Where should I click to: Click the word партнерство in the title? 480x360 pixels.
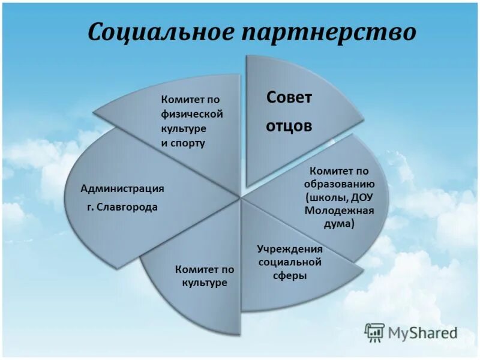tap(328, 32)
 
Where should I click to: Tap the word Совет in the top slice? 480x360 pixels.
tap(289, 98)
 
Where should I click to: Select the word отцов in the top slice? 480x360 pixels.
tap(289, 127)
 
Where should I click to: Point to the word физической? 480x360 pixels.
tap(191, 114)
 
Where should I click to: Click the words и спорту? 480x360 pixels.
tap(183, 143)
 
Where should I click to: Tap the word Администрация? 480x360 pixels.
tap(122, 188)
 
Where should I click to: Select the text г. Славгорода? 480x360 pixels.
tap(122, 207)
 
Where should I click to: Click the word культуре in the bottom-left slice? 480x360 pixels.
tap(205, 283)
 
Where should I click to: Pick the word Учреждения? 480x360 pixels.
tap(290, 248)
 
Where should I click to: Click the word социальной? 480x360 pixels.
tap(290, 262)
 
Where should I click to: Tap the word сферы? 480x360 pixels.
tap(290, 276)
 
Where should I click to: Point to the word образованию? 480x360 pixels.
tap(339, 184)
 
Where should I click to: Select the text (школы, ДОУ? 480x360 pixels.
tap(339, 197)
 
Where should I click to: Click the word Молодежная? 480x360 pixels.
tap(339, 211)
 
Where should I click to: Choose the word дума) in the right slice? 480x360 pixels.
tap(339, 224)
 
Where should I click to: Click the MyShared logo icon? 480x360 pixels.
tap(375, 332)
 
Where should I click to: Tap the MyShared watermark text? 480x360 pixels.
tap(423, 332)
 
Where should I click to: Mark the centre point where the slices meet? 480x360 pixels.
tap(241, 197)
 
